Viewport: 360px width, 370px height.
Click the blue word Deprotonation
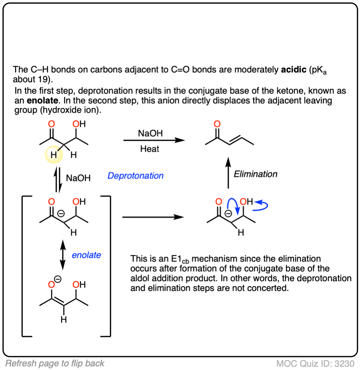136,176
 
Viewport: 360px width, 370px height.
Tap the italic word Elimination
255,174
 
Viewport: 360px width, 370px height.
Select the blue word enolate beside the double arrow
86,255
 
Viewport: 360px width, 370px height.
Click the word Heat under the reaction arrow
149,149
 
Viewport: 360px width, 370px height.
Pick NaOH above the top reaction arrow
149,133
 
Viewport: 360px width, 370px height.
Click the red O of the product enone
217,124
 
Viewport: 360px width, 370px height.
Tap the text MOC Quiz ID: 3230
315,363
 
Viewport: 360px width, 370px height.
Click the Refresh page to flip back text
55,363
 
